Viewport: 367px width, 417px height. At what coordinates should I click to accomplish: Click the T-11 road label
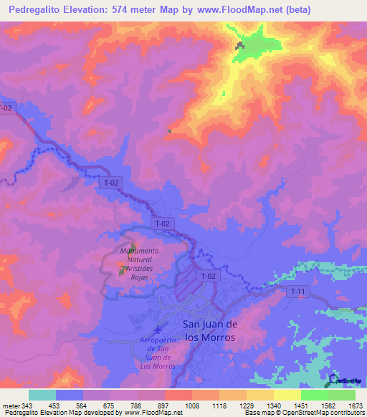(297, 291)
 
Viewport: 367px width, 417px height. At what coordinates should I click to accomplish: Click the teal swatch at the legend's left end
(42, 395)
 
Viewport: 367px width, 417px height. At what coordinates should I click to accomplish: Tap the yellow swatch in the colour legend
(287, 395)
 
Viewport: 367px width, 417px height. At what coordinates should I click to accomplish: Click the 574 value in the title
(125, 9)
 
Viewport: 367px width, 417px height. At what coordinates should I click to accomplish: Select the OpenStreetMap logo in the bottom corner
(345, 380)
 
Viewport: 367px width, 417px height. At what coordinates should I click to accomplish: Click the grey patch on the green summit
(239, 47)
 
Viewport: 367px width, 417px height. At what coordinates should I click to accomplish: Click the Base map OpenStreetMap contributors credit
(304, 412)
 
